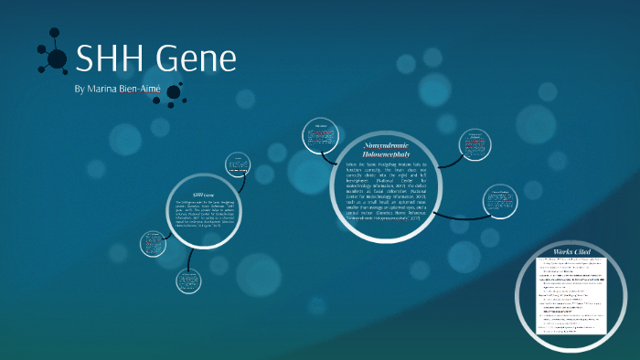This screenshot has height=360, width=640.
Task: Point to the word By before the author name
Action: (79, 90)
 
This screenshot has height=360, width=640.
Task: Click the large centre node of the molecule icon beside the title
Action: (57, 59)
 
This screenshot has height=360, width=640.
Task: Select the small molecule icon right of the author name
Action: (172, 92)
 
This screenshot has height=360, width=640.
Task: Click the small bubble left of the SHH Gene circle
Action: (153, 243)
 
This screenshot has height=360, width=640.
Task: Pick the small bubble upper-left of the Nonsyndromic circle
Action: (321, 135)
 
